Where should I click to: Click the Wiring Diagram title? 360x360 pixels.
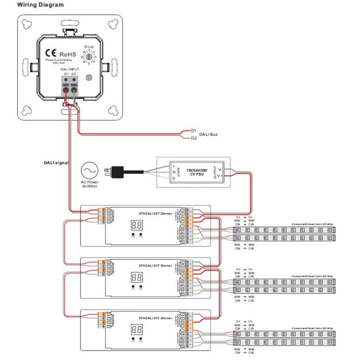pyautogui.click(x=40, y=5)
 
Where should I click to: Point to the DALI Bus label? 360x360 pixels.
pyautogui.click(x=208, y=134)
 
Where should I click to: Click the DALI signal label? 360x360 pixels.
pyautogui.click(x=56, y=162)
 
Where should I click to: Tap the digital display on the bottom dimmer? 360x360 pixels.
pyautogui.click(x=137, y=328)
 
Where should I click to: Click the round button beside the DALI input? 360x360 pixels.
pyautogui.click(x=90, y=77)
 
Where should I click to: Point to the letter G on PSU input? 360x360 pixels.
pyautogui.click(x=174, y=179)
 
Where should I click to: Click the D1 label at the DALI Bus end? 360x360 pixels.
pyautogui.click(x=193, y=130)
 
